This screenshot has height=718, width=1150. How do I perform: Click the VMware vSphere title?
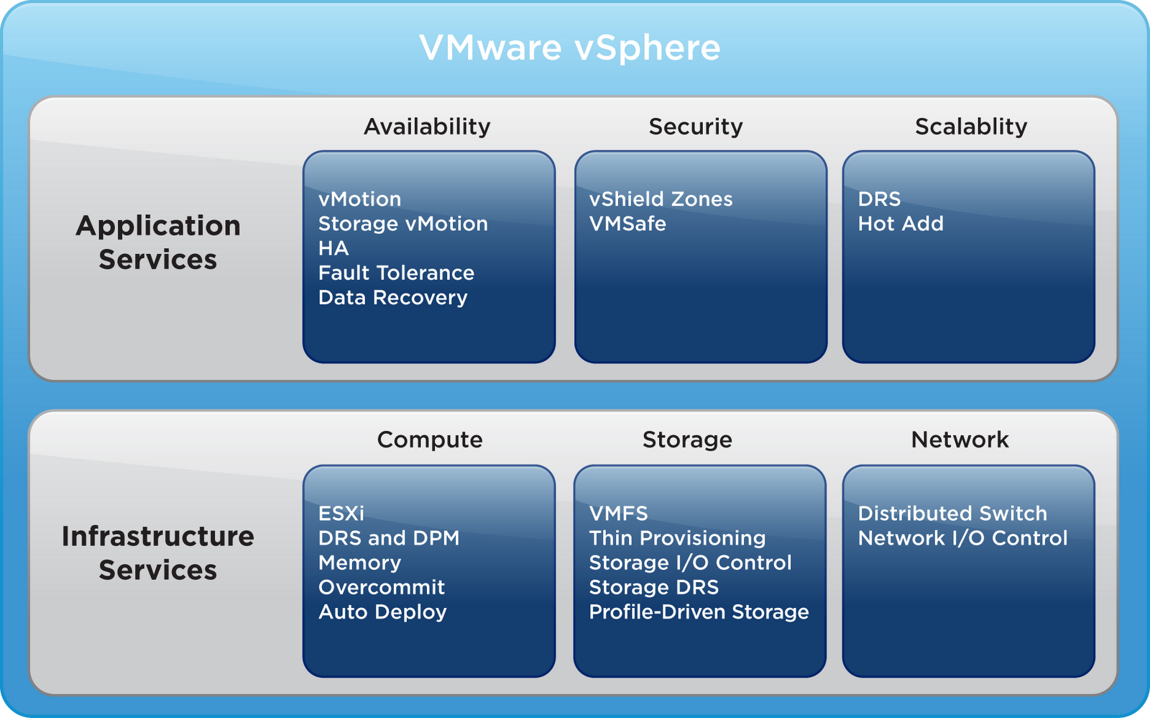pos(569,48)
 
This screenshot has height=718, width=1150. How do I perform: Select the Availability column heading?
pos(427,127)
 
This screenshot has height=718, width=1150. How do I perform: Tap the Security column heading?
pos(696,127)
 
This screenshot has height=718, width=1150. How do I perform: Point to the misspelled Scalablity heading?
pos(971,127)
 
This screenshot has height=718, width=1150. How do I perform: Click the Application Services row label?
pos(158,242)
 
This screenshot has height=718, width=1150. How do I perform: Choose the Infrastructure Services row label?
pos(158,553)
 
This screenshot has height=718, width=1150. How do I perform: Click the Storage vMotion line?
pos(402,224)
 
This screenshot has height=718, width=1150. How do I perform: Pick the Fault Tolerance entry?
pos(396,273)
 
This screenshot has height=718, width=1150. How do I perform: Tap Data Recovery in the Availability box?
pos(392,297)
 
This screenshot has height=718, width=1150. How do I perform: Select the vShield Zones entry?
pos(661,199)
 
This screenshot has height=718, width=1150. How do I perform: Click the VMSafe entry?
pos(627,224)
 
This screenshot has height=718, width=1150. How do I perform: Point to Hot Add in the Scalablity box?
pos(901,224)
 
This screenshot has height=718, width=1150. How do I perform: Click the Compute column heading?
pos(430,440)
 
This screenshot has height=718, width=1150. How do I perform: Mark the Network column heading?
pos(960,440)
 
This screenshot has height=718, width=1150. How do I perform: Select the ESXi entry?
pos(341,514)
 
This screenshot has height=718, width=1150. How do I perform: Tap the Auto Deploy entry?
pos(382,612)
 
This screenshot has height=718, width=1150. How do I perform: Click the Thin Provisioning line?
pos(677,538)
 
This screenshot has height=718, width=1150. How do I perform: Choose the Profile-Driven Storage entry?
pos(699,612)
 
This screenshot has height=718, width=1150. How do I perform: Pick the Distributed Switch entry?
pos(952,514)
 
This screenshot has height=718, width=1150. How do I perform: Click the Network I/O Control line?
pos(962,538)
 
